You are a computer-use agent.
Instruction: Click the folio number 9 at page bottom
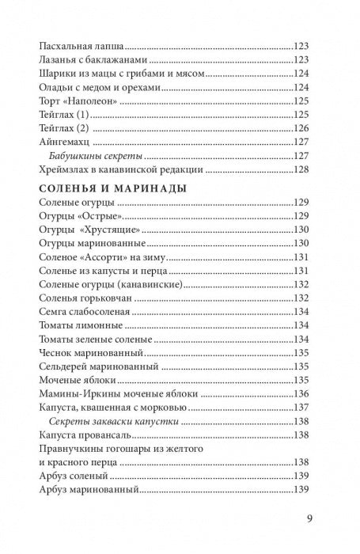310,519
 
